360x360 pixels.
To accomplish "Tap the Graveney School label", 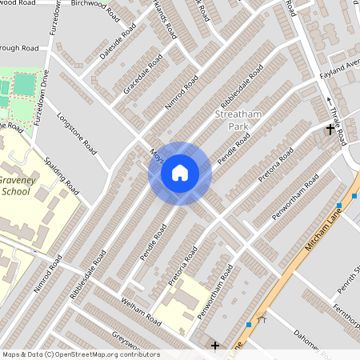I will pos(22,186).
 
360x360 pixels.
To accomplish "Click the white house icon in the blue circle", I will pos(179,173).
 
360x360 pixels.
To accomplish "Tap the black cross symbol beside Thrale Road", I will pos(330,129).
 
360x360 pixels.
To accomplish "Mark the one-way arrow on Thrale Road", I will pos(330,99).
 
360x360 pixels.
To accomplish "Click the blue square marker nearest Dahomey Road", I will pos(250,324).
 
